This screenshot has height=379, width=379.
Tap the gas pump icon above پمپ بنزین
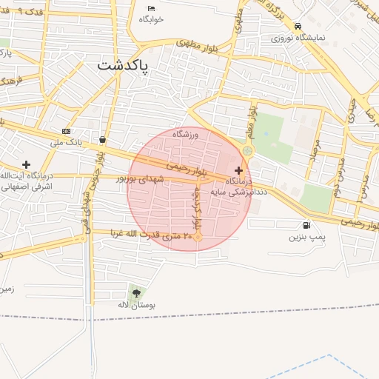tap(306, 226)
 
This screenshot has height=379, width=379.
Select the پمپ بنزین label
tap(307, 238)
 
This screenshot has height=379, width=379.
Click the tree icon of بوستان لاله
tap(135, 293)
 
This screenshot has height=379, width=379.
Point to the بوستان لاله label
tap(137, 304)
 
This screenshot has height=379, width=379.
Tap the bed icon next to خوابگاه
tap(151, 8)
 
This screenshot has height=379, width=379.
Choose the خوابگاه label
tap(150, 19)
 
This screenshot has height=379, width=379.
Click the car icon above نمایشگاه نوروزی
tap(298, 25)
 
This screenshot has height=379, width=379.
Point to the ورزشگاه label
tap(187, 135)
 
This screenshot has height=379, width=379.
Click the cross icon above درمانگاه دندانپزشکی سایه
tap(238, 170)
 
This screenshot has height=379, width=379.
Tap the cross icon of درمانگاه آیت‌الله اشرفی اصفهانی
tap(26, 164)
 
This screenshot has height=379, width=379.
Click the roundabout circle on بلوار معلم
tap(247, 151)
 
